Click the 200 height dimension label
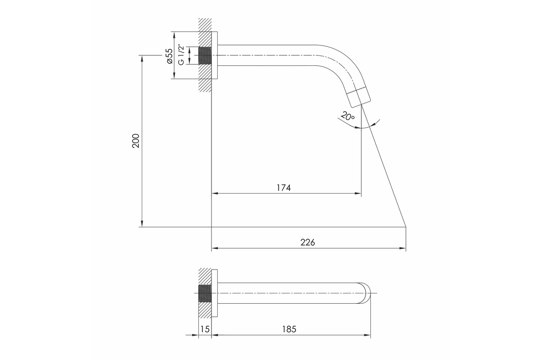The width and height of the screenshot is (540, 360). (x=136, y=141)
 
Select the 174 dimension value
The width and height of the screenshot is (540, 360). (x=283, y=188)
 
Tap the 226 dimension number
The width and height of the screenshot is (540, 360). (x=308, y=243)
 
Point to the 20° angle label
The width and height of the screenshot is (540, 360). (x=347, y=117)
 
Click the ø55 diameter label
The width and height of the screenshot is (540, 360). (x=170, y=56)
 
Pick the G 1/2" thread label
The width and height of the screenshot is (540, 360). (x=181, y=54)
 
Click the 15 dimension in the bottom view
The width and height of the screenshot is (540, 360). (x=205, y=329)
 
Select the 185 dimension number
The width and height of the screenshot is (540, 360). (x=289, y=329)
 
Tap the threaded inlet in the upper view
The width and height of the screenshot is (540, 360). (x=205, y=56)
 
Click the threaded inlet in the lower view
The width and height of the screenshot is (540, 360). (x=205, y=293)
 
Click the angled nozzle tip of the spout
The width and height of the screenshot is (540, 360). (x=359, y=97)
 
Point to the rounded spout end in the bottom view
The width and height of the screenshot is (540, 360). (x=364, y=293)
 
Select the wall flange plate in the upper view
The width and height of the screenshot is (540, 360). (x=215, y=55)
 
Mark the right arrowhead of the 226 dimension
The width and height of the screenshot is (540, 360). (x=403, y=248)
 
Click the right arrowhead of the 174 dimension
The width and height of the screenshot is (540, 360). (x=358, y=193)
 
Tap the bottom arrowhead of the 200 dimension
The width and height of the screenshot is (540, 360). (x=142, y=224)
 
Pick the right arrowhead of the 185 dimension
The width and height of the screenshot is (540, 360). (x=367, y=335)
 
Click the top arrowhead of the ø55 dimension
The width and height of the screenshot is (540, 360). (x=174, y=35)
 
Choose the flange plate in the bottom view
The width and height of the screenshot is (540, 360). (x=215, y=293)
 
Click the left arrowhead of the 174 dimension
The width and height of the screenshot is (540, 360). (x=215, y=193)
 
